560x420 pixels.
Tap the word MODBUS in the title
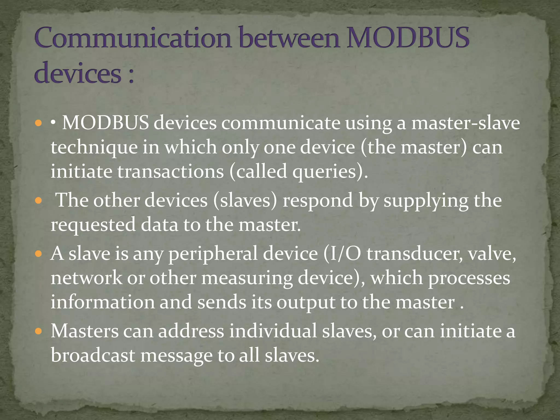408,38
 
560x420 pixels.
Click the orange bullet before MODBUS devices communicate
39,123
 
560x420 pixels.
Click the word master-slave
465,123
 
